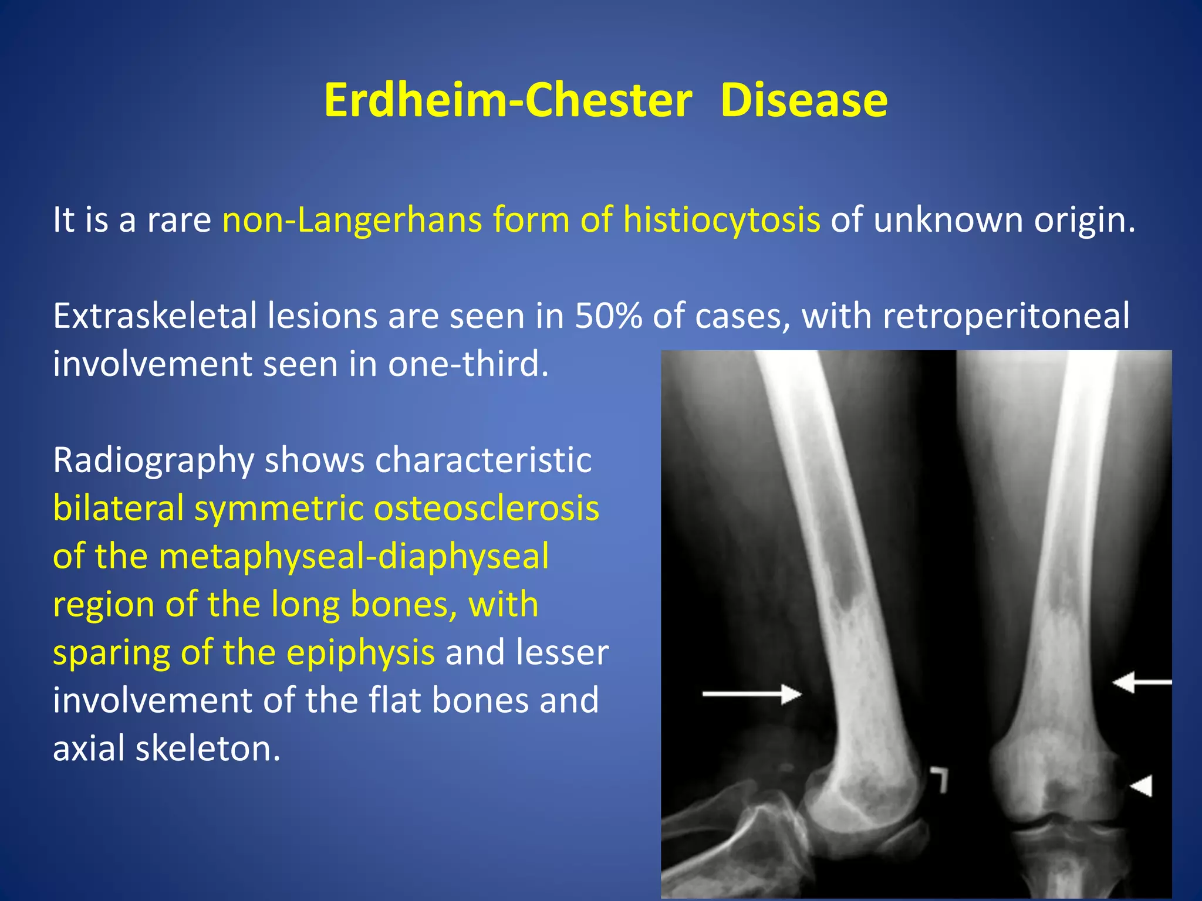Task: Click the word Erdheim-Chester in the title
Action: pyautogui.click(x=508, y=100)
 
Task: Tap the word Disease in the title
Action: pyautogui.click(x=803, y=100)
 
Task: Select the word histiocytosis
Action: pyautogui.click(x=721, y=220)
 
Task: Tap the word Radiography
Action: pyautogui.click(x=153, y=460)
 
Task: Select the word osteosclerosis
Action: pyautogui.click(x=487, y=508)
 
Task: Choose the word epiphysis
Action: pyautogui.click(x=360, y=652)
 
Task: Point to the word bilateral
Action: pyautogui.click(x=119, y=508)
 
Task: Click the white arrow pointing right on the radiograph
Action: pyautogui.click(x=752, y=695)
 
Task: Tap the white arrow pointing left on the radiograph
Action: pyautogui.click(x=1142, y=682)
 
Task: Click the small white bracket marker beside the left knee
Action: pyautogui.click(x=939, y=778)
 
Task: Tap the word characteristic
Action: pyautogui.click(x=483, y=460)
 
